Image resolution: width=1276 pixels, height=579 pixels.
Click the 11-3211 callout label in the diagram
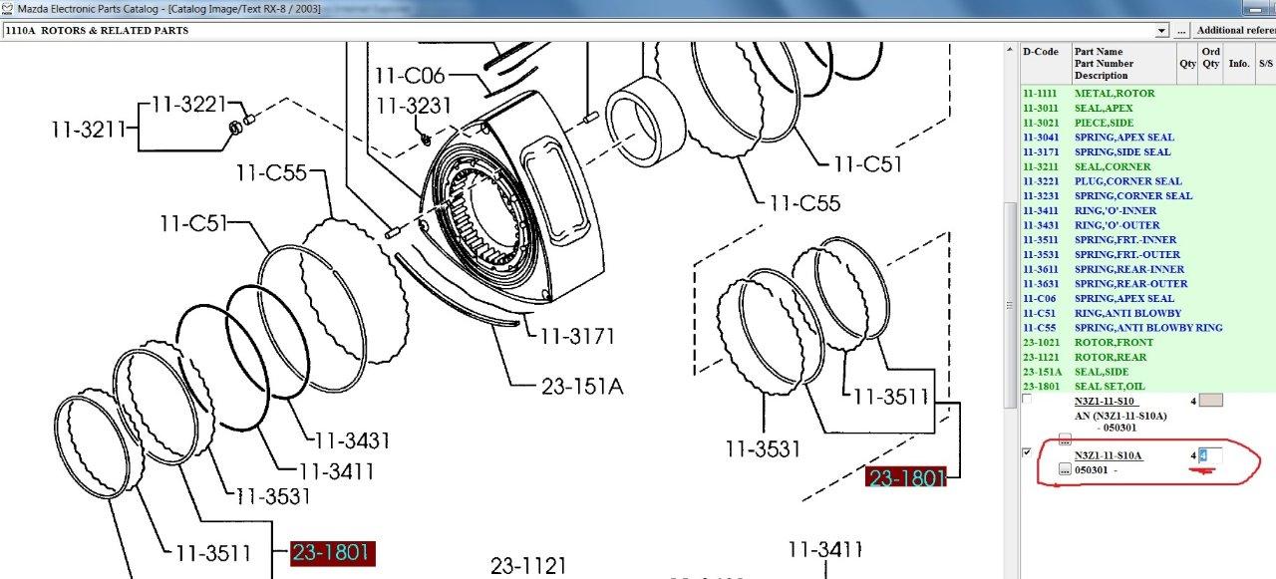point(89,130)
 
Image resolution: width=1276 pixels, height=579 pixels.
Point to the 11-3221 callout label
point(188,105)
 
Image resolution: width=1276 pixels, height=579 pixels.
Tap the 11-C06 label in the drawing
point(410,76)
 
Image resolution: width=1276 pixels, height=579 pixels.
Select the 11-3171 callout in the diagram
point(577,337)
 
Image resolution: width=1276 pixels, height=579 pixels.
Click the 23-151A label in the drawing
point(582,387)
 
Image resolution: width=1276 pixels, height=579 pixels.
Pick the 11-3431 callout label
point(353,440)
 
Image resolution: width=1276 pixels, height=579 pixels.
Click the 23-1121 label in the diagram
point(528,566)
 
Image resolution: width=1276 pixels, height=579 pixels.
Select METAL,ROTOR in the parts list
point(1115,94)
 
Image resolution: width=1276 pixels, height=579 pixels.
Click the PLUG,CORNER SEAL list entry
point(1127,181)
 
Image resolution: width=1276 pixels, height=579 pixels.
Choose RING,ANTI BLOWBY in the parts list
point(1127,313)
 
